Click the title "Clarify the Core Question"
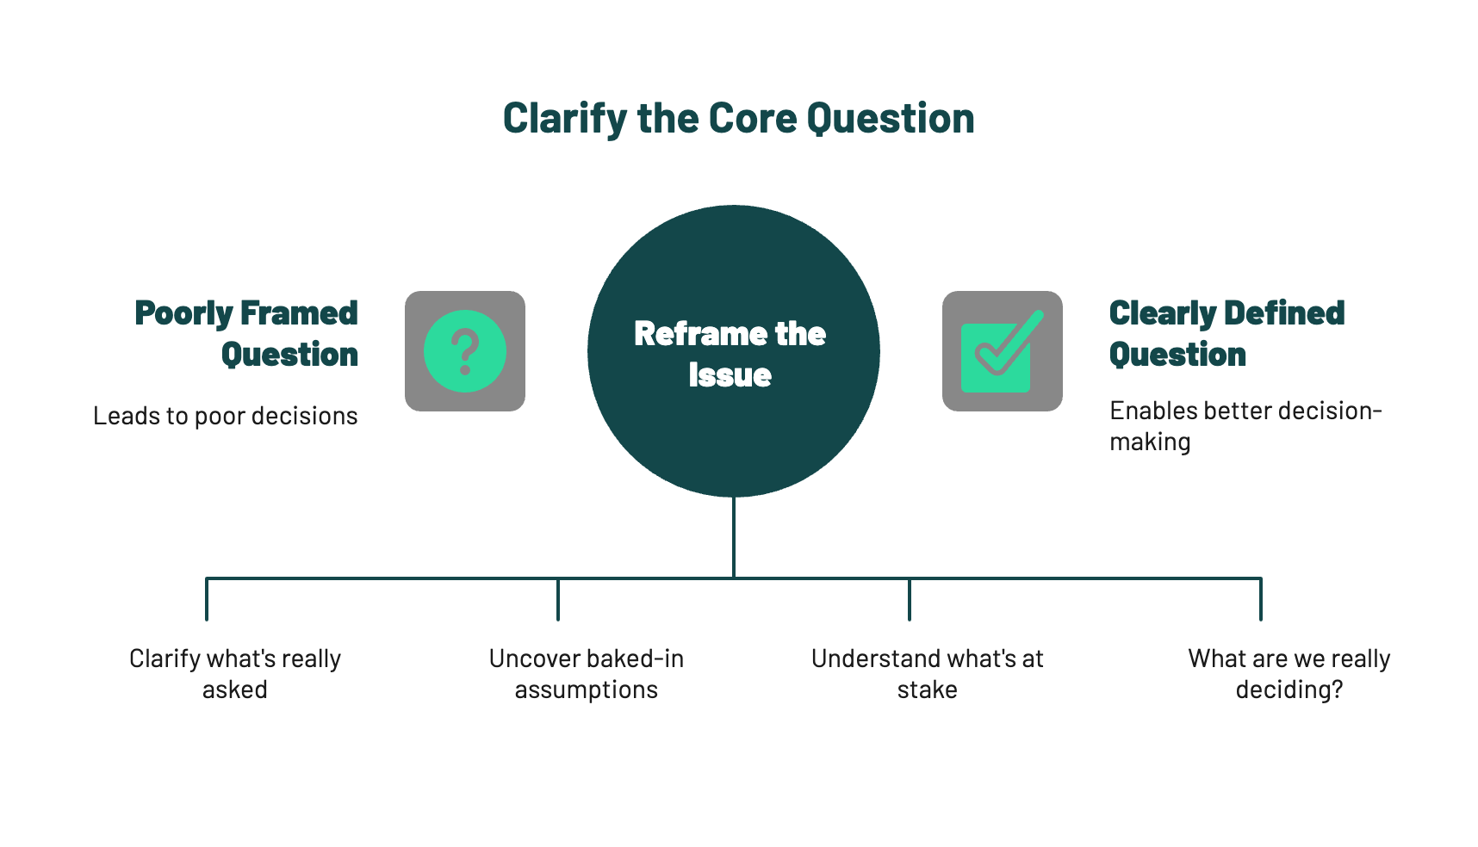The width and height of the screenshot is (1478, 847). click(738, 119)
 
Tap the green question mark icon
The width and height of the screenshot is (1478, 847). click(465, 351)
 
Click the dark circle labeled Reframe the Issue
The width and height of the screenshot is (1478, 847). click(734, 350)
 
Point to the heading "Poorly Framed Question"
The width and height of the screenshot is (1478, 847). click(246, 334)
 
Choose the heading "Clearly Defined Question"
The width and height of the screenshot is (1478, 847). click(1226, 334)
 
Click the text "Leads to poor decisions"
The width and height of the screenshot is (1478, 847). click(226, 416)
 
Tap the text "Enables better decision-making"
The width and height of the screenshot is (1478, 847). click(1245, 426)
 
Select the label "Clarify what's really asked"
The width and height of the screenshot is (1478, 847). click(235, 674)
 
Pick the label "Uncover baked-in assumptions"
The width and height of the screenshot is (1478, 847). click(587, 674)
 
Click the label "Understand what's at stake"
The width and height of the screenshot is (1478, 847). click(928, 674)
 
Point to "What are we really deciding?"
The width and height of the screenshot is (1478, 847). click(1289, 674)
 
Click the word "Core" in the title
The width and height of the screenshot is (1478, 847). click(752, 119)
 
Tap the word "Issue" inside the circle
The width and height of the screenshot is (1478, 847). click(730, 375)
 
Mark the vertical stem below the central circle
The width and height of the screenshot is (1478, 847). click(734, 537)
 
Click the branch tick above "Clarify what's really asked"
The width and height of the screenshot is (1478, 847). click(207, 599)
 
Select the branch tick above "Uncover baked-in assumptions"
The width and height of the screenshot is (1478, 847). click(558, 599)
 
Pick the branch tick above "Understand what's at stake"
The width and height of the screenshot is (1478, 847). click(910, 599)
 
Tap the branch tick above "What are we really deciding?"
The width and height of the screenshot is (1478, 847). click(1261, 599)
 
